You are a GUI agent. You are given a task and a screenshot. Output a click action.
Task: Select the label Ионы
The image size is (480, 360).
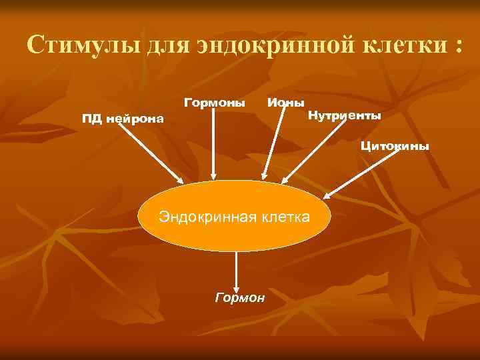pyautogui.click(x=285, y=103)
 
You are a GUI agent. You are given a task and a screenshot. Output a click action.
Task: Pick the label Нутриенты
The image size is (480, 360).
pyautogui.click(x=345, y=116)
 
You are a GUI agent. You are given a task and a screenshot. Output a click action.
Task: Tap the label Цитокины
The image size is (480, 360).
pyautogui.click(x=395, y=145)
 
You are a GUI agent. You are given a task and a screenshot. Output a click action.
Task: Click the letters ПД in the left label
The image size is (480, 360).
pyautogui.click(x=91, y=119)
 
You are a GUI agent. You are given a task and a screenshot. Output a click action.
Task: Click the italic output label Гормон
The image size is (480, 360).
pyautogui.click(x=240, y=297)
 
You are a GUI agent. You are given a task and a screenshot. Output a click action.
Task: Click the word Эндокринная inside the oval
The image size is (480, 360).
pyautogui.click(x=201, y=217)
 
